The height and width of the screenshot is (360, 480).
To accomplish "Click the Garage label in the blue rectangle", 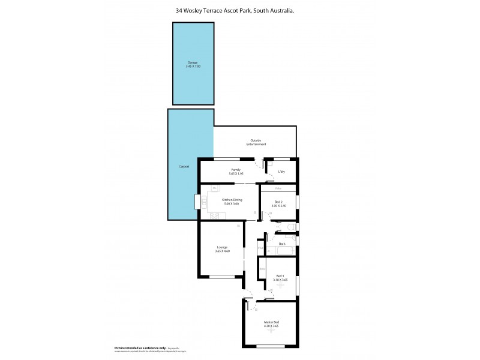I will tap(193, 62).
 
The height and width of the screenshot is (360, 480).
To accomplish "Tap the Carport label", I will tap(184, 166).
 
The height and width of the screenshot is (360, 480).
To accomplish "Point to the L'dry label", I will tap(281, 172).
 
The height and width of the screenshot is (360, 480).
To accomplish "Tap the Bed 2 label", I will tap(279, 202).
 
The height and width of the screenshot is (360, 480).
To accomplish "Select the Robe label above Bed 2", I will tap(278, 187).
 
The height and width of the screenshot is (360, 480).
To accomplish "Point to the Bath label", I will tap(282, 244).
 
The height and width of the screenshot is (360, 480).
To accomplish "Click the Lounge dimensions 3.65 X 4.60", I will tap(222, 251).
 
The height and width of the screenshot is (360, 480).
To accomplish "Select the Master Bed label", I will tap(272, 322).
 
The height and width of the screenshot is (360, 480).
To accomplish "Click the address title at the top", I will tap(239, 8).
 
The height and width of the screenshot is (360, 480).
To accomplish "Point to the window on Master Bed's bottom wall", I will tap(270, 346).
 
